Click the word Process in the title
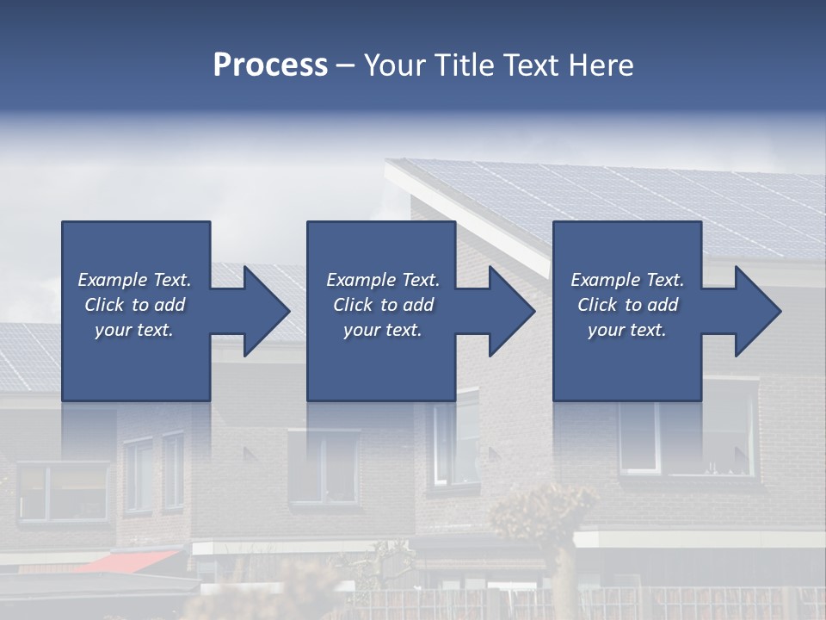click(x=270, y=65)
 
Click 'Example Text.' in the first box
click(x=134, y=280)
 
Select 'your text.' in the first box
click(x=134, y=330)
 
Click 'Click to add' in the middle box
click(x=382, y=305)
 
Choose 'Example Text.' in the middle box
click(x=382, y=280)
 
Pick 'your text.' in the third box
click(x=626, y=330)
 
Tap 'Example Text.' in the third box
click(x=626, y=280)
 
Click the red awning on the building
click(x=129, y=561)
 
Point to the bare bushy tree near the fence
click(x=533, y=517)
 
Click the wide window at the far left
click(x=63, y=492)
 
